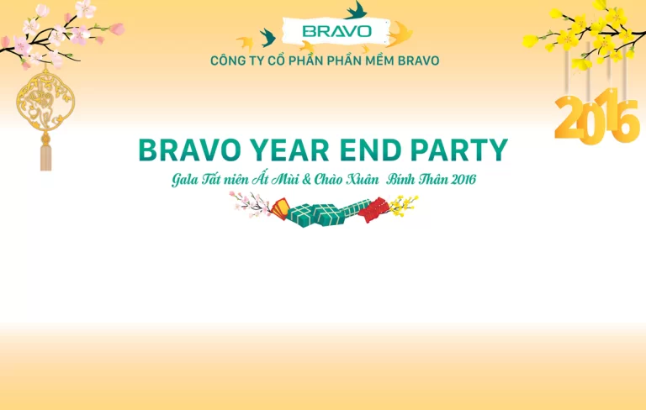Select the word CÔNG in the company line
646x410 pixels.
tap(229, 60)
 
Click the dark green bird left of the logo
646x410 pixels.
tap(268, 36)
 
